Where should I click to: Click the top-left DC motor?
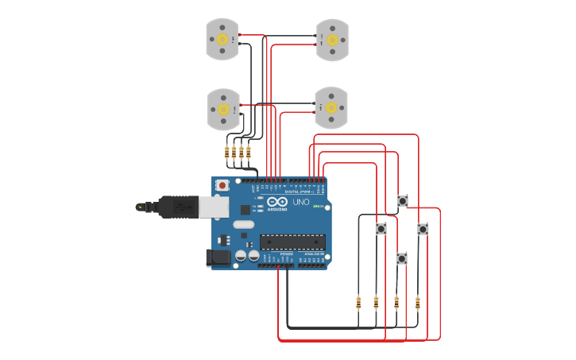222,40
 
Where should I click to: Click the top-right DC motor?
332,40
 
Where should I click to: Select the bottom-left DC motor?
223,109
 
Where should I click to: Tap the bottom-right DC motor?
331,107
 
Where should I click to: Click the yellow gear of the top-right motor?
332,40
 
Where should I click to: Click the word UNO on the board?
301,202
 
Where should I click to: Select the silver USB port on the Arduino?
213,207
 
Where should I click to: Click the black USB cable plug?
176,207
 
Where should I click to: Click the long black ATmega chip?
292,242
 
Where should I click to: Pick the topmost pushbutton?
403,201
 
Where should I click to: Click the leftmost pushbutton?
381,229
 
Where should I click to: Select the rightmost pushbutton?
423,229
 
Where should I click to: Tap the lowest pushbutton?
402,258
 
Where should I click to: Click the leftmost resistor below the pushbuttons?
358,302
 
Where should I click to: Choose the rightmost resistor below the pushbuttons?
418,302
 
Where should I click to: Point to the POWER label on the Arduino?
276,254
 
